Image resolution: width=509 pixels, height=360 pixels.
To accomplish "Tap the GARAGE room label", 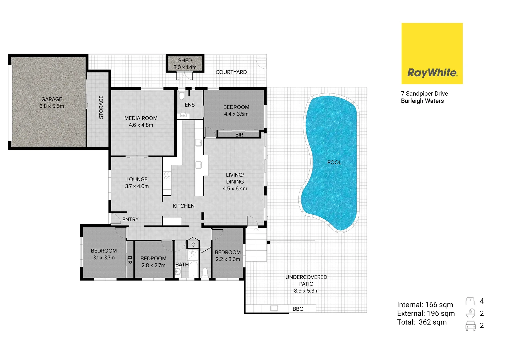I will pos(52,99).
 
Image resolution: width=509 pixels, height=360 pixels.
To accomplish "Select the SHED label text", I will pos(185,60).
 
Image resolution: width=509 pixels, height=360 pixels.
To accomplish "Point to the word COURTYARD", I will pos(231,72).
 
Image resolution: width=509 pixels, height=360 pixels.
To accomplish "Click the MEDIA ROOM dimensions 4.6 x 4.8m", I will pos(141,125).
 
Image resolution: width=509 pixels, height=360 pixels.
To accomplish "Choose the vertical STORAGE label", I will pos(101,107).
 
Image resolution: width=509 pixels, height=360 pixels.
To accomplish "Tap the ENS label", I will pos(190,105).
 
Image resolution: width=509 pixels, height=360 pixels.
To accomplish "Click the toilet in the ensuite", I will pos(181,95).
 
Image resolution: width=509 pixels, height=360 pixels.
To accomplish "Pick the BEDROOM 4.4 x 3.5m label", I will pos(236,110).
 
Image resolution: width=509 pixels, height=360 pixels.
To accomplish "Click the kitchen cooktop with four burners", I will pos(167,176).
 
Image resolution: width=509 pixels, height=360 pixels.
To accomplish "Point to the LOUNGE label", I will pos(137,179).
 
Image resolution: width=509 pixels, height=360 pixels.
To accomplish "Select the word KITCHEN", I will pos(184,206).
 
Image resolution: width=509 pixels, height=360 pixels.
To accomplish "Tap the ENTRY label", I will pos(130,219).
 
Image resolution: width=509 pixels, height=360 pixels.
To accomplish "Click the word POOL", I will pos(334,162).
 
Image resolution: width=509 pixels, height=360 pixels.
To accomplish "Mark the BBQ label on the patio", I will pos(298,309).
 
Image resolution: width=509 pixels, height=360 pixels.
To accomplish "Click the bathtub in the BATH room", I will pos(194,270).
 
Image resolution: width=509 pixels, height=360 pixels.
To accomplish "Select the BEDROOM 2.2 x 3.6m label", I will pos(228,256).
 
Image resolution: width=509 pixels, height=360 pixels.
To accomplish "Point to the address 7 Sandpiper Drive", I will pos(424,94).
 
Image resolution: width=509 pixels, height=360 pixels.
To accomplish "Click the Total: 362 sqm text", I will pos(422,322).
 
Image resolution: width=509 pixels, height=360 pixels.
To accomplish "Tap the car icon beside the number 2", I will pos(470,326).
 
